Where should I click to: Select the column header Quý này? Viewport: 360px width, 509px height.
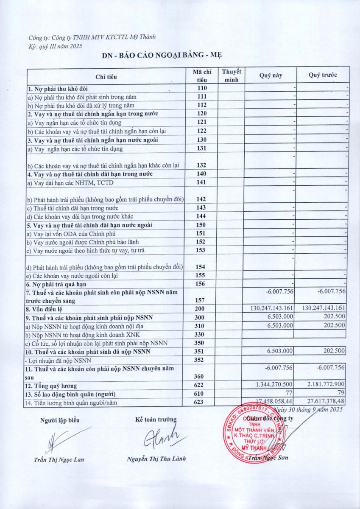point(271,76)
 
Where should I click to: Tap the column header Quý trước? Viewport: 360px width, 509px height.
point(323,76)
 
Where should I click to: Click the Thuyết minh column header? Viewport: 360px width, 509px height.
point(232,76)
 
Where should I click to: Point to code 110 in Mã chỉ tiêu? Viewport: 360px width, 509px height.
point(201,88)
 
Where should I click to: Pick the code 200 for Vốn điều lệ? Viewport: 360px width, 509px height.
point(201,309)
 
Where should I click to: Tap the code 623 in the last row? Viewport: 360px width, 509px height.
point(201,401)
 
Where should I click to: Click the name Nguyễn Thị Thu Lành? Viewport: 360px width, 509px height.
point(156,459)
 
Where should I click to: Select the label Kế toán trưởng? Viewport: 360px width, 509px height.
point(156,420)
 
